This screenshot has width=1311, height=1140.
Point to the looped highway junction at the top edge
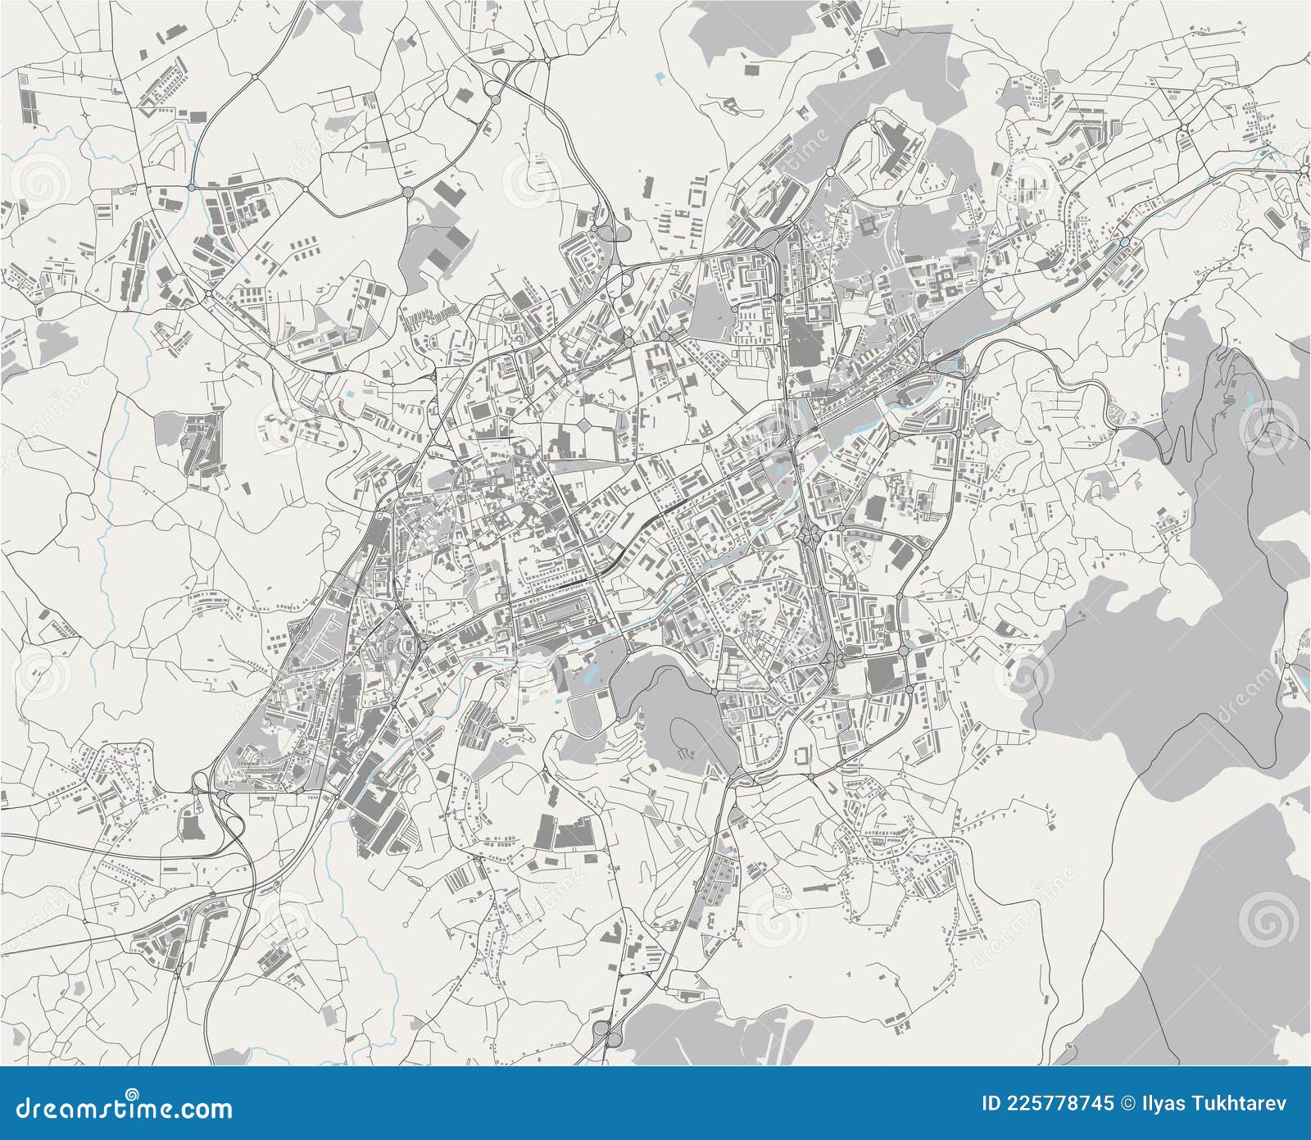click(497, 85)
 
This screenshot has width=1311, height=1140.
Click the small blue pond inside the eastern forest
click(1246, 397)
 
